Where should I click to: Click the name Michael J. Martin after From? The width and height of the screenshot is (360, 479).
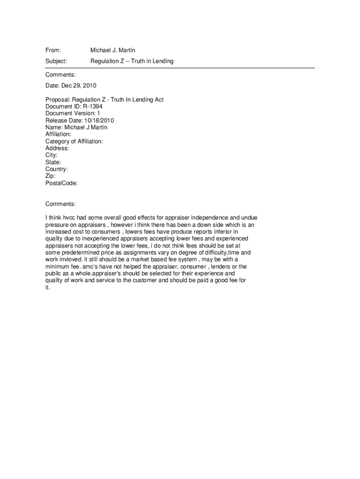(x=113, y=50)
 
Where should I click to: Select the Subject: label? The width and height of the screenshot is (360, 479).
(x=56, y=61)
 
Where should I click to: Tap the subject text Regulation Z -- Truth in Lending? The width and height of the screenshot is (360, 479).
(x=132, y=61)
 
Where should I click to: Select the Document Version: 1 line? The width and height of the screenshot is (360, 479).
(x=72, y=113)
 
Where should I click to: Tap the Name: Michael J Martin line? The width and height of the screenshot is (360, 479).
(x=76, y=127)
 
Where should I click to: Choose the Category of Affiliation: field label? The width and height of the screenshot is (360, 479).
(x=74, y=141)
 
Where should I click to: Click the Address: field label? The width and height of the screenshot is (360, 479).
(x=57, y=148)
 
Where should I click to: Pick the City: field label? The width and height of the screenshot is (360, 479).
(x=51, y=155)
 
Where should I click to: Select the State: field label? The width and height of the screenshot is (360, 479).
(x=53, y=162)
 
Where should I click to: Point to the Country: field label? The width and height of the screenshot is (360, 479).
(x=57, y=169)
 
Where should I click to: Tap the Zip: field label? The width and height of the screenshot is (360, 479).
(x=50, y=176)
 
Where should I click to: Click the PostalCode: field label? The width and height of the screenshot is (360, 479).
(x=61, y=183)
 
